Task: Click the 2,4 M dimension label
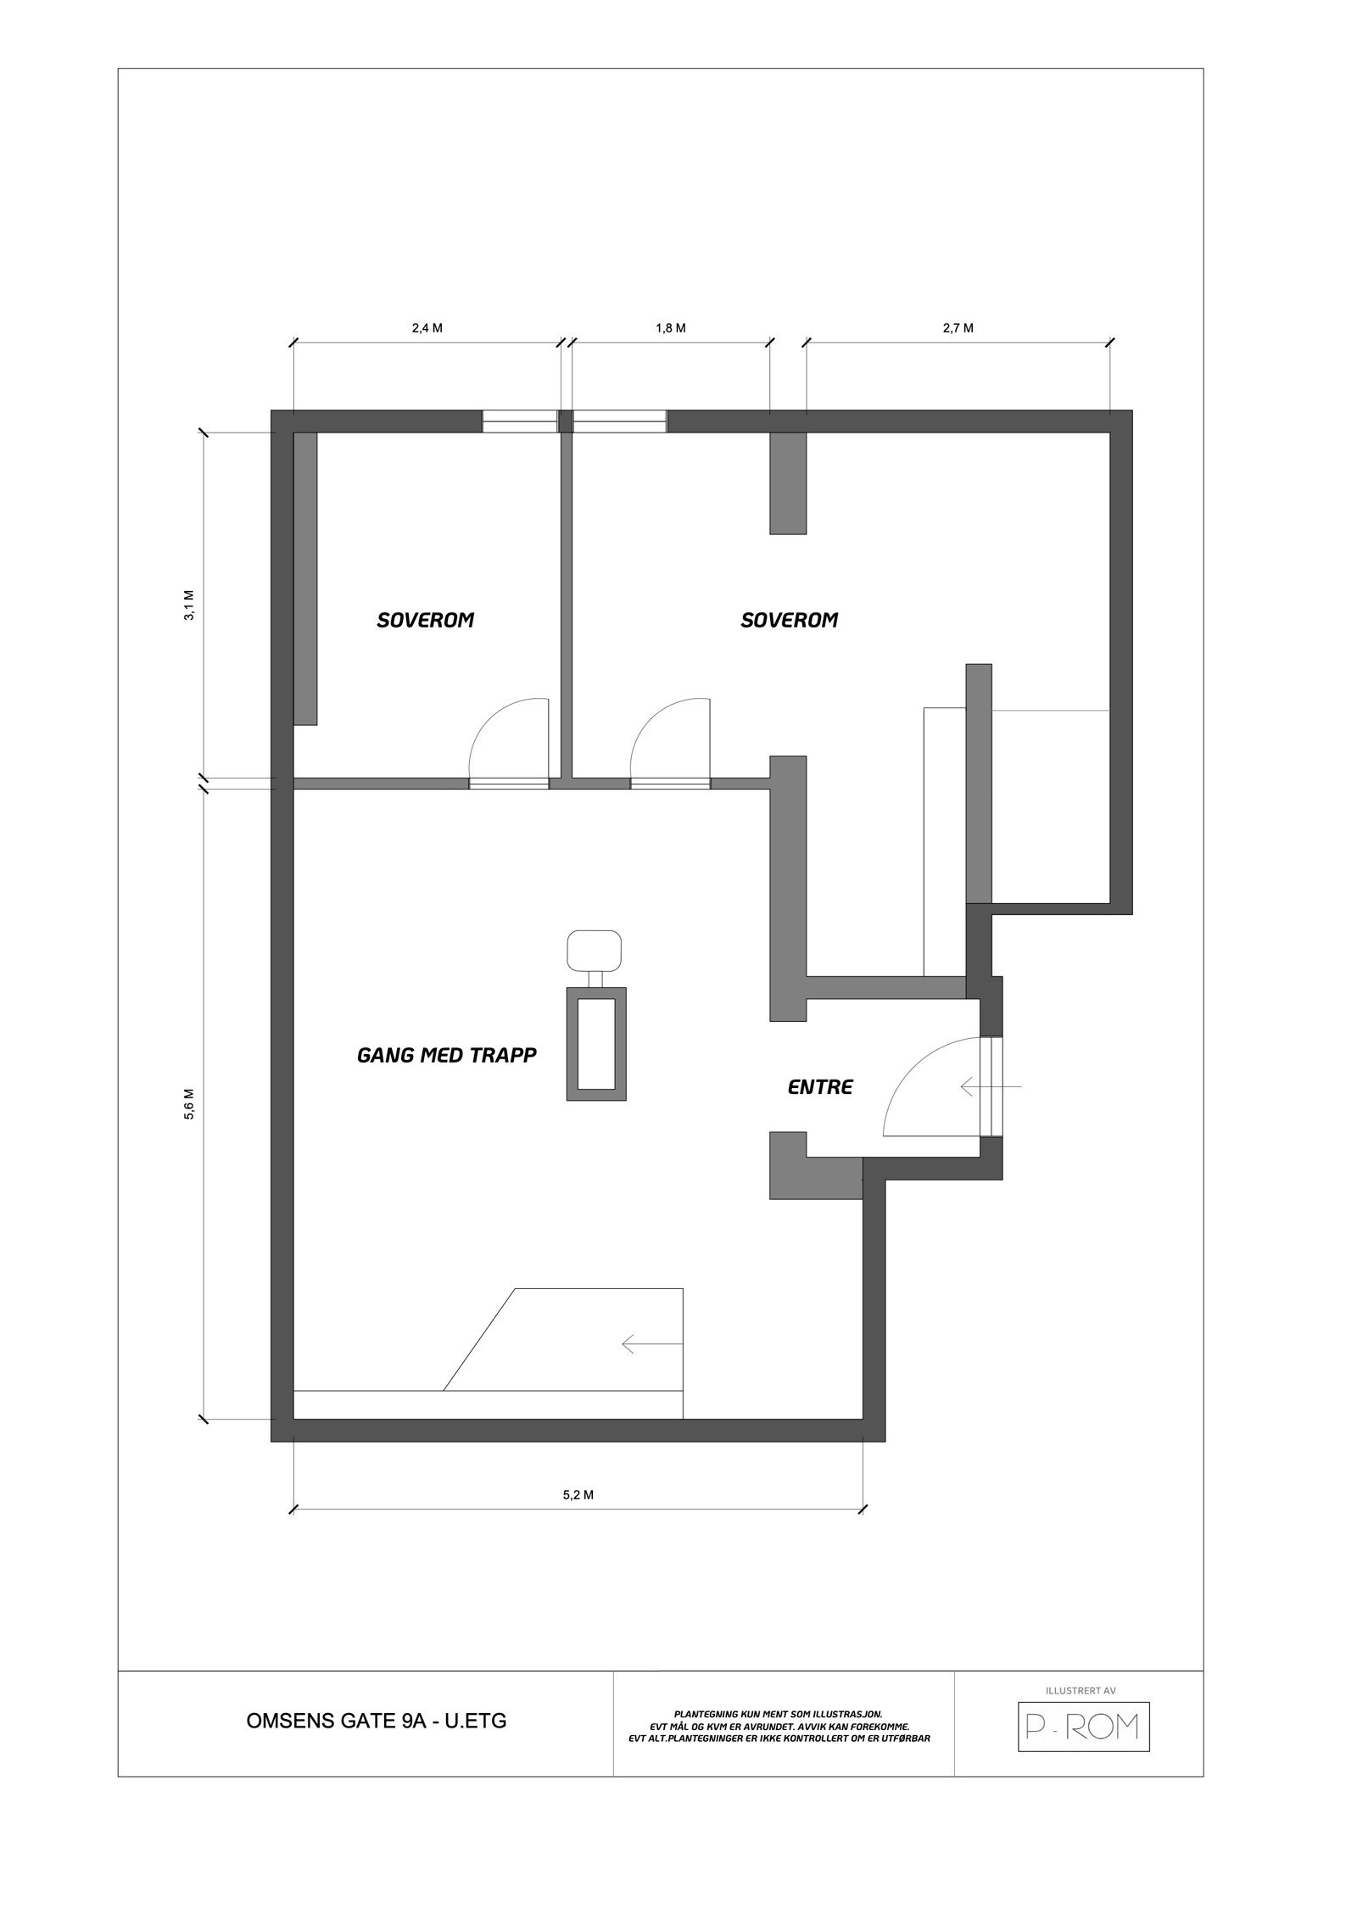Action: click(x=427, y=329)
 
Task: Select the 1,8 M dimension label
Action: click(x=670, y=329)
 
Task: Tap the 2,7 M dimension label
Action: click(x=958, y=329)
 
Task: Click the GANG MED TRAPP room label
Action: click(x=447, y=1056)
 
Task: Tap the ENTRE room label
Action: click(x=820, y=1086)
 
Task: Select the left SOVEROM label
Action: click(x=425, y=620)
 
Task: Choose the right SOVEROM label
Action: click(x=789, y=620)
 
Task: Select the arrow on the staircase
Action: click(x=651, y=1343)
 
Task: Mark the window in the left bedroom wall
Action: click(x=520, y=421)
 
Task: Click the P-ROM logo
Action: click(x=1083, y=1727)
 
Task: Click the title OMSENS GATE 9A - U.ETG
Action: click(x=376, y=1721)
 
